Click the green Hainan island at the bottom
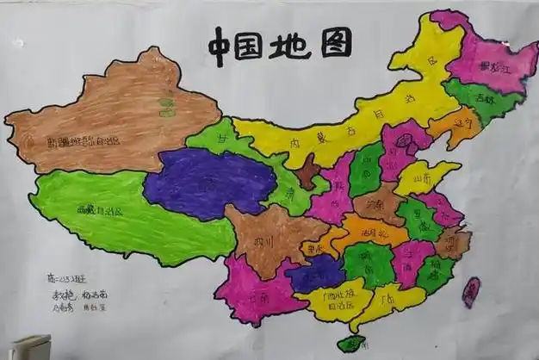tap(350, 344)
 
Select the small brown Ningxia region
tap(307, 172)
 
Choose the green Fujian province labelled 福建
tap(436, 274)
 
